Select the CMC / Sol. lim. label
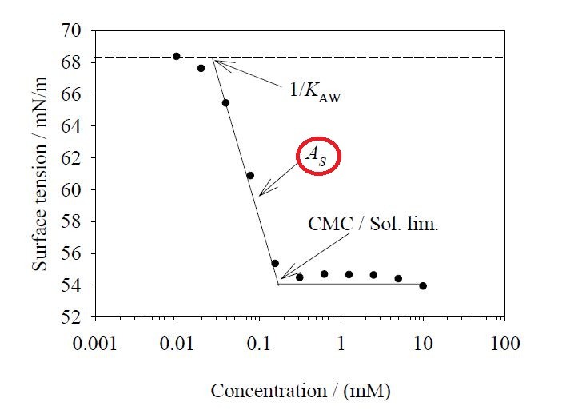[373, 225]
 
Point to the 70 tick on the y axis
[74, 30]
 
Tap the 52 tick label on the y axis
[74, 317]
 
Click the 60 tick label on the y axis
[74, 190]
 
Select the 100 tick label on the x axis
[504, 344]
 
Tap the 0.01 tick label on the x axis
[177, 344]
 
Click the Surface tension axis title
[41, 174]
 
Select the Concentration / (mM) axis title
[301, 390]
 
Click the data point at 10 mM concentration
[423, 285]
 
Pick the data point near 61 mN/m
[250, 175]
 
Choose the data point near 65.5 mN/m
[225, 102]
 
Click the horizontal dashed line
[360, 57]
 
